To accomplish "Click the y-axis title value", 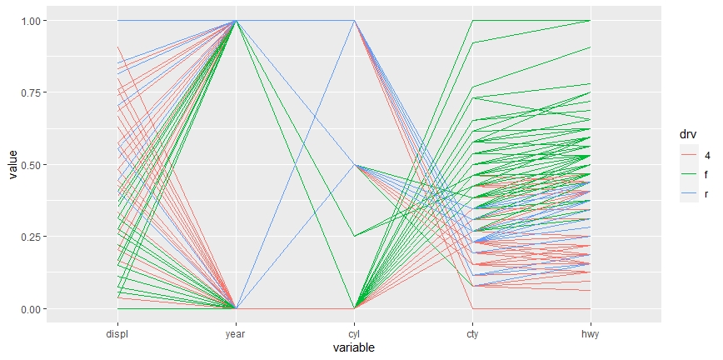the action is point(12,165).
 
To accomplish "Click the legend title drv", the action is point(687,135).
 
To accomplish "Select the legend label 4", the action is point(708,156).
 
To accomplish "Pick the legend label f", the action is point(707,175).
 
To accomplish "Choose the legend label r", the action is point(706,194).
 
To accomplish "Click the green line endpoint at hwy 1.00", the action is point(591,21).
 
